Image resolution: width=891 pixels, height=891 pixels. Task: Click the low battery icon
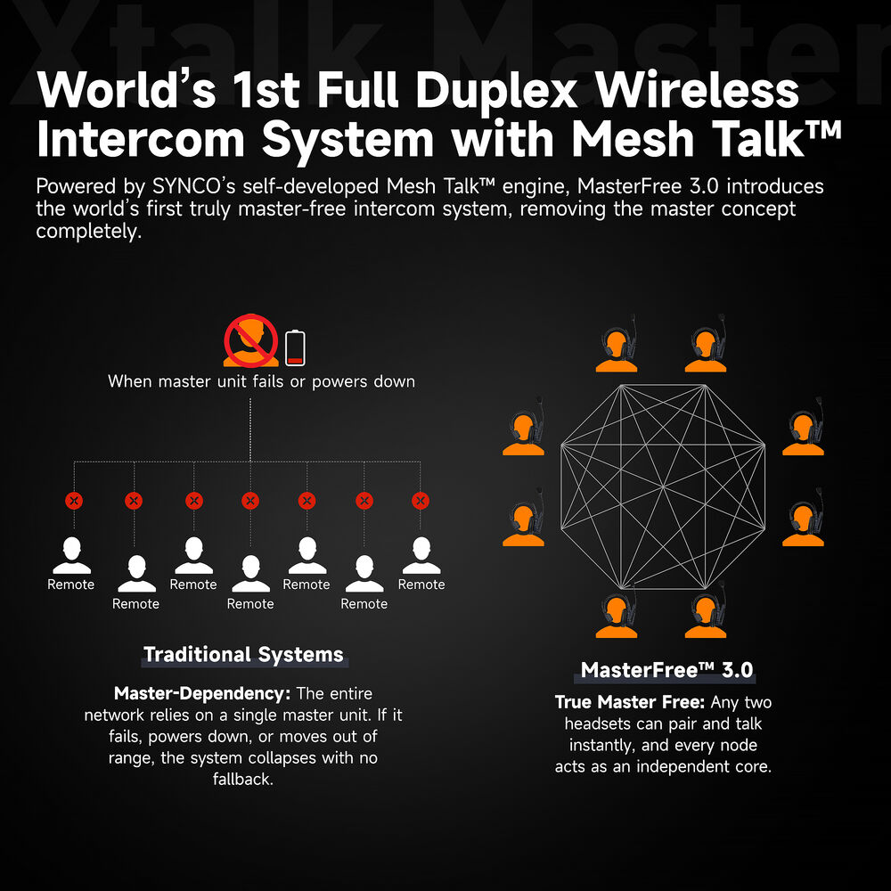point(295,347)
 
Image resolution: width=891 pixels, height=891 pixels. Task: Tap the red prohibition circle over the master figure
point(250,341)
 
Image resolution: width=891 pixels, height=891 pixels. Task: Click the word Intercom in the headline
point(141,139)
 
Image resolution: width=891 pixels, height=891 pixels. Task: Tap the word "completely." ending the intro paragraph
point(88,232)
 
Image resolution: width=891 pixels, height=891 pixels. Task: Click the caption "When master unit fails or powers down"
point(261,381)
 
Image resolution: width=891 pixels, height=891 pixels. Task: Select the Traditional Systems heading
point(243,655)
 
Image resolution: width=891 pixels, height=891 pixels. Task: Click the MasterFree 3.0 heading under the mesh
point(667,670)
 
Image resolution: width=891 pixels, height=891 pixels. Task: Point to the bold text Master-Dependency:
point(202,693)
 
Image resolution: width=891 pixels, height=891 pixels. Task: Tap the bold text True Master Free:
point(630,702)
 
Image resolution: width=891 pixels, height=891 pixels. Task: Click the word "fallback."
point(243,779)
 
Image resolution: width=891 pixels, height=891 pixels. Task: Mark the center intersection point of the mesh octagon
point(663,487)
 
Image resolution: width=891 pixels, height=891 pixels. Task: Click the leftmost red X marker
point(74,501)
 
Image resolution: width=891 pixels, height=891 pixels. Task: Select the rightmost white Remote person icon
point(421,555)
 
